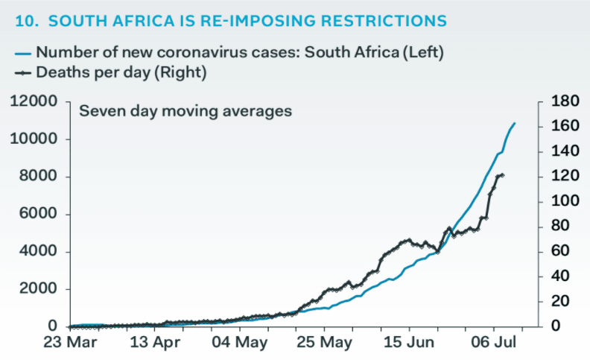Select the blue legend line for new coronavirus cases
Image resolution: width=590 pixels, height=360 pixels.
[x=23, y=53]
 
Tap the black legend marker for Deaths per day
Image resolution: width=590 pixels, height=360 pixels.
[x=24, y=72]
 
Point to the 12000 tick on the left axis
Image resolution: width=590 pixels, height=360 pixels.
[x=34, y=102]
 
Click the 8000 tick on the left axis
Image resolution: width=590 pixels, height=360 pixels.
[x=39, y=177]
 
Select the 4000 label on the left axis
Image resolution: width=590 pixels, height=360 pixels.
[x=39, y=251]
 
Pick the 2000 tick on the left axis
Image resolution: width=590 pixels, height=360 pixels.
[x=39, y=289]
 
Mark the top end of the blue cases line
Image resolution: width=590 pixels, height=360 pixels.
[x=515, y=123]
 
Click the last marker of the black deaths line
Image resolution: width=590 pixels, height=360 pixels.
[x=503, y=175]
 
